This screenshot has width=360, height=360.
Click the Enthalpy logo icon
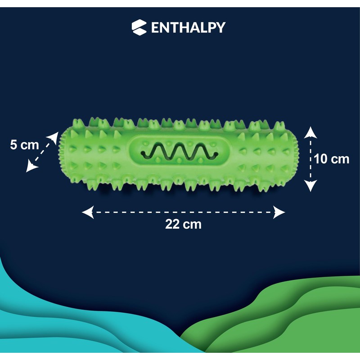click(x=139, y=27)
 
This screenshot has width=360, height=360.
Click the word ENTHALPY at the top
click(x=188, y=27)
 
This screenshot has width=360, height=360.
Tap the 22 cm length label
click(x=183, y=224)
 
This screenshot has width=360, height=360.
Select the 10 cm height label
click(x=332, y=159)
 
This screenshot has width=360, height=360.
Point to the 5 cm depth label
click(x=24, y=145)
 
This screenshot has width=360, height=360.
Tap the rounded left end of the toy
click(x=63, y=153)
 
